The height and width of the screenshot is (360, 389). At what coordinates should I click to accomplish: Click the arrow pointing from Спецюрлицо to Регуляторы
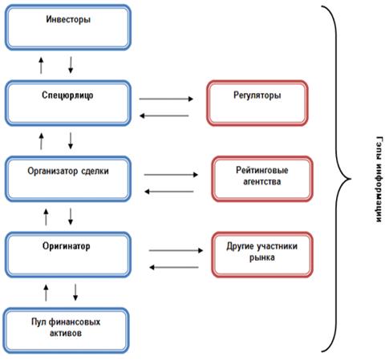coord(166,99)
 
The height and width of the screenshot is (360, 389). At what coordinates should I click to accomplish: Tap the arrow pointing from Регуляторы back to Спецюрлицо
coord(164,115)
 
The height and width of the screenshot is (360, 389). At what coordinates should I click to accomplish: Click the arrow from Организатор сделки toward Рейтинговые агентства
coord(171,175)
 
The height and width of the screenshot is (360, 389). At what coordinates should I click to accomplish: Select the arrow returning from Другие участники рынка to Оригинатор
coord(174,267)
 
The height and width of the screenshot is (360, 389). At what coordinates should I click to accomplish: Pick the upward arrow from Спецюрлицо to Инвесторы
coord(41,65)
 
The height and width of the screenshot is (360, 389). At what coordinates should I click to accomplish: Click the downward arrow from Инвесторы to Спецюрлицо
coord(71,65)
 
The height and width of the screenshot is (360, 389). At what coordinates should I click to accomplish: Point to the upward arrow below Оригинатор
coord(46,293)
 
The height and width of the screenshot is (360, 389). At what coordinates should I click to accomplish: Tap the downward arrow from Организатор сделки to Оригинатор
coord(71,216)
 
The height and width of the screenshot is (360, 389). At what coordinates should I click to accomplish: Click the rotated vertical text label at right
coord(379,179)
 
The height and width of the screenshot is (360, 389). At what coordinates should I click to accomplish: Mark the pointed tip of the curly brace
coord(351,179)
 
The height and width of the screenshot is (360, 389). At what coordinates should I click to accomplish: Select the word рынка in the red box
coord(262,258)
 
